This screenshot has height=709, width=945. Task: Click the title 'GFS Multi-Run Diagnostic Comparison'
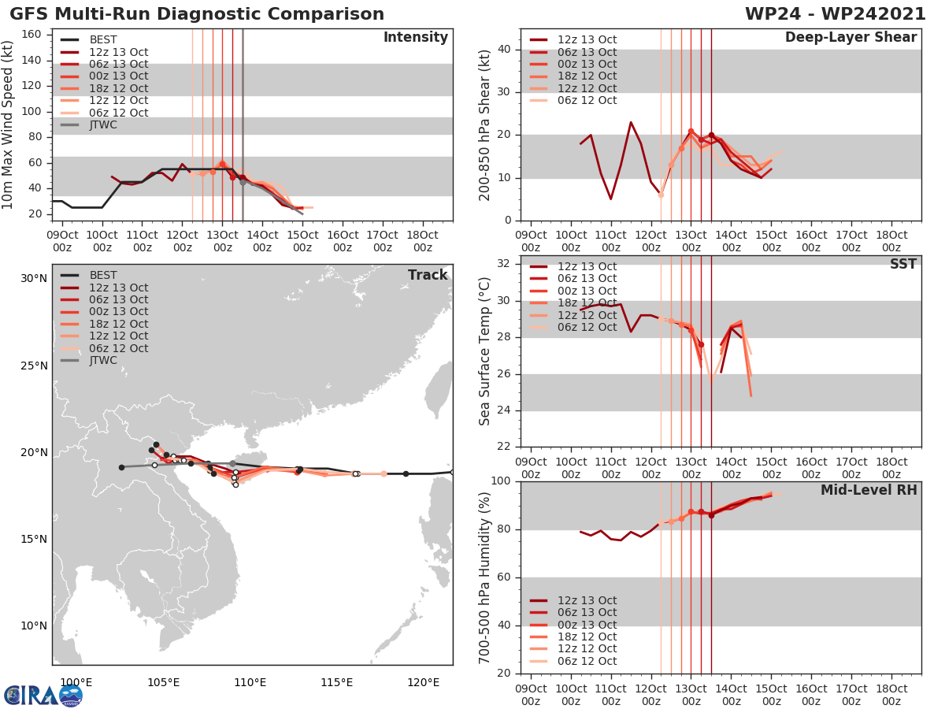coord(197,14)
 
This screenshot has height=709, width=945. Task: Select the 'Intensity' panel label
coord(416,38)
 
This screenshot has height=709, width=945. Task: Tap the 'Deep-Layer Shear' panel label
coord(851,38)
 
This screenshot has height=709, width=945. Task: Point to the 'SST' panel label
coord(902,264)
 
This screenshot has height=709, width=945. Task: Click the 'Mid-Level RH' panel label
coord(869,490)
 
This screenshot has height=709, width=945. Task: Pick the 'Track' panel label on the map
coord(428,275)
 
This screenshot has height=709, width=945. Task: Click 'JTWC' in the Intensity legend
coord(103,124)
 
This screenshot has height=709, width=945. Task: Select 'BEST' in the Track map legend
coord(103,275)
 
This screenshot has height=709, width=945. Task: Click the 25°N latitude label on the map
coord(33,366)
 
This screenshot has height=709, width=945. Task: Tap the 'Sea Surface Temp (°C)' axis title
coord(486,351)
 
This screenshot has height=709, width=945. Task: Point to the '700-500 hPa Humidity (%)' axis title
coord(486,577)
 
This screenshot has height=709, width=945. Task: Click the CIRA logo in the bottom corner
coord(43,695)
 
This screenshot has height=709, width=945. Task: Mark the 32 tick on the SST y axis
coord(506,264)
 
